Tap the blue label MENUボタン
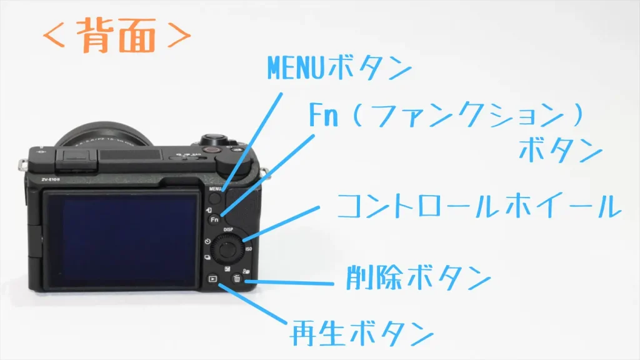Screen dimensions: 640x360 click(x=339, y=67)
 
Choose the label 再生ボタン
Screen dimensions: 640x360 click(x=362, y=333)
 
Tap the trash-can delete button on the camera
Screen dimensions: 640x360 click(x=237, y=279)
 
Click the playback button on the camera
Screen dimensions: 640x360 click(x=212, y=279)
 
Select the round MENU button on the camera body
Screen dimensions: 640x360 click(x=215, y=198)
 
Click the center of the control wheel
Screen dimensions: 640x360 click(x=226, y=247)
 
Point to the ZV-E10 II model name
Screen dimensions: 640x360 click(x=51, y=180)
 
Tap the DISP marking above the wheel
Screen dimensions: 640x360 click(x=228, y=230)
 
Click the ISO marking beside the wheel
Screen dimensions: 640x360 click(x=249, y=249)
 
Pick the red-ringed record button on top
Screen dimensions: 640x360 click(x=211, y=150)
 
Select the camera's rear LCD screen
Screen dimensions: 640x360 click(x=121, y=239)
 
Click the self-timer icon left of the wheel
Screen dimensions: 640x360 click(x=207, y=242)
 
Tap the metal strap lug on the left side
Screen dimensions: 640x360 click(x=21, y=166)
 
